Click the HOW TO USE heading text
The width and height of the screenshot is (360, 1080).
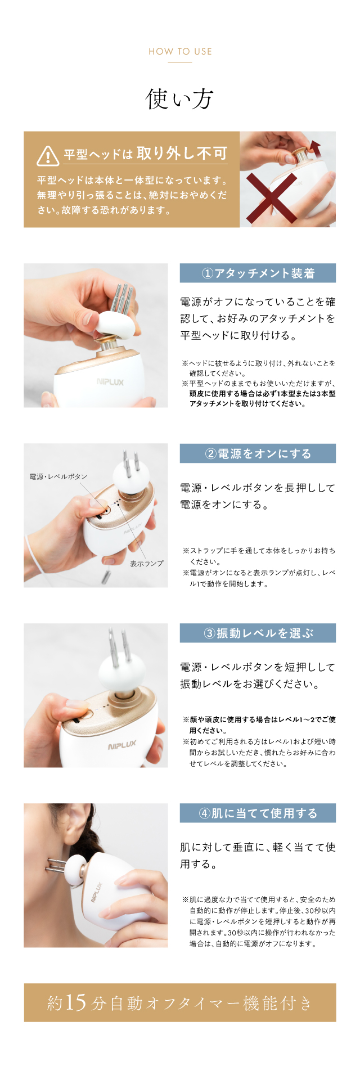pyautogui.click(x=180, y=51)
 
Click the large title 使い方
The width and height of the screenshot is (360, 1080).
pyautogui.click(x=179, y=99)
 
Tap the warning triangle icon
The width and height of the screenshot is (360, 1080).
pyautogui.click(x=48, y=156)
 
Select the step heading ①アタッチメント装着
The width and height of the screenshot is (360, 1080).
pyautogui.click(x=258, y=273)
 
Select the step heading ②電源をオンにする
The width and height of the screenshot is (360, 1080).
pyautogui.click(x=258, y=453)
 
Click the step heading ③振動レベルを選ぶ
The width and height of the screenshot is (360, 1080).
pyautogui.click(x=258, y=633)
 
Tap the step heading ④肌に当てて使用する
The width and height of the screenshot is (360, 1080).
pyautogui.click(x=258, y=813)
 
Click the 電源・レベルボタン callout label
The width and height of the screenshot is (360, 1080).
pyautogui.click(x=58, y=476)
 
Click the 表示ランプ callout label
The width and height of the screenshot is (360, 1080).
pyautogui.click(x=147, y=563)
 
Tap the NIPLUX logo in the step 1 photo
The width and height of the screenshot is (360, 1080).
pyautogui.click(x=110, y=382)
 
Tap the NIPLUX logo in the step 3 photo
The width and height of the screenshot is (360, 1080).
pyautogui.click(x=122, y=745)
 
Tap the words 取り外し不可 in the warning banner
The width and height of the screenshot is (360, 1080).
pyautogui.click(x=182, y=153)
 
